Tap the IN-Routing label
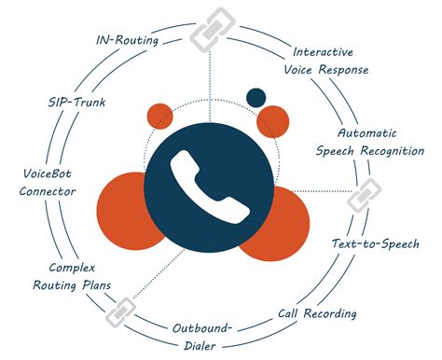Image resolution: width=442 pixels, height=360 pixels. pos(128,41)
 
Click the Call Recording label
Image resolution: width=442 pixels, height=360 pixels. pos(318,313)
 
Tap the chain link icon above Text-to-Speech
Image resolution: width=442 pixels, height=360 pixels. pos(360,200)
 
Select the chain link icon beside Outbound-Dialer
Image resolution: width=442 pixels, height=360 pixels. pos(118,313)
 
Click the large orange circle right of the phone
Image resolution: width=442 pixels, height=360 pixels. pos(280,224)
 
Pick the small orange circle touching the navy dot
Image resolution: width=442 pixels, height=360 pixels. pos(273,120)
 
